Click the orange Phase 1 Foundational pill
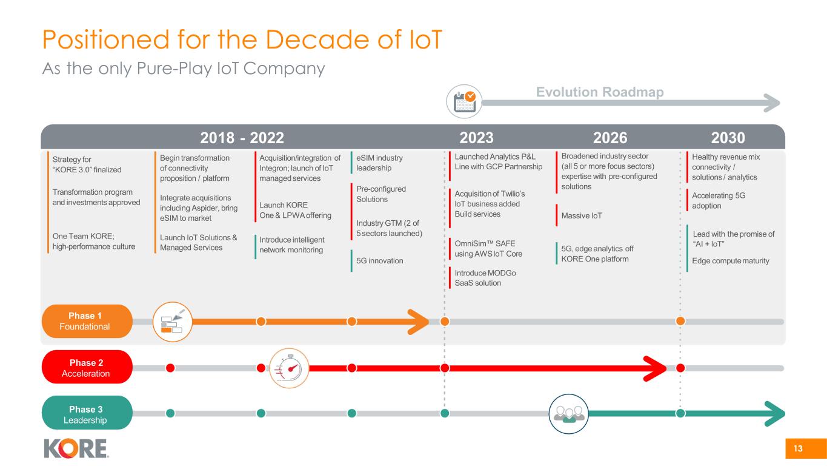pyautogui.click(x=87, y=321)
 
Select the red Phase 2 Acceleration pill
pyautogui.click(x=87, y=368)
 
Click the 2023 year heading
pyautogui.click(x=476, y=138)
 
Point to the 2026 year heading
pyautogui.click(x=610, y=138)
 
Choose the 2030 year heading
pyautogui.click(x=728, y=138)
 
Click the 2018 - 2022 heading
pyautogui.click(x=242, y=138)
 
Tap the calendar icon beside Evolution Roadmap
pyautogui.click(x=464, y=102)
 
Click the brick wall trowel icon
pyautogui.click(x=173, y=322)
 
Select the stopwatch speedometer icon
pyautogui.click(x=289, y=368)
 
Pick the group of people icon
pyautogui.click(x=568, y=414)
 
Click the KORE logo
pyautogui.click(x=76, y=448)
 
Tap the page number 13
pyautogui.click(x=798, y=448)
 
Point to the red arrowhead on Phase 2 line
pyautogui.click(x=656, y=368)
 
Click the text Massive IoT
pyautogui.click(x=582, y=215)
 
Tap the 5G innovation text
pyautogui.click(x=379, y=261)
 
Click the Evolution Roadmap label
pyautogui.click(x=600, y=92)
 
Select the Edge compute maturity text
pyautogui.click(x=731, y=261)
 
